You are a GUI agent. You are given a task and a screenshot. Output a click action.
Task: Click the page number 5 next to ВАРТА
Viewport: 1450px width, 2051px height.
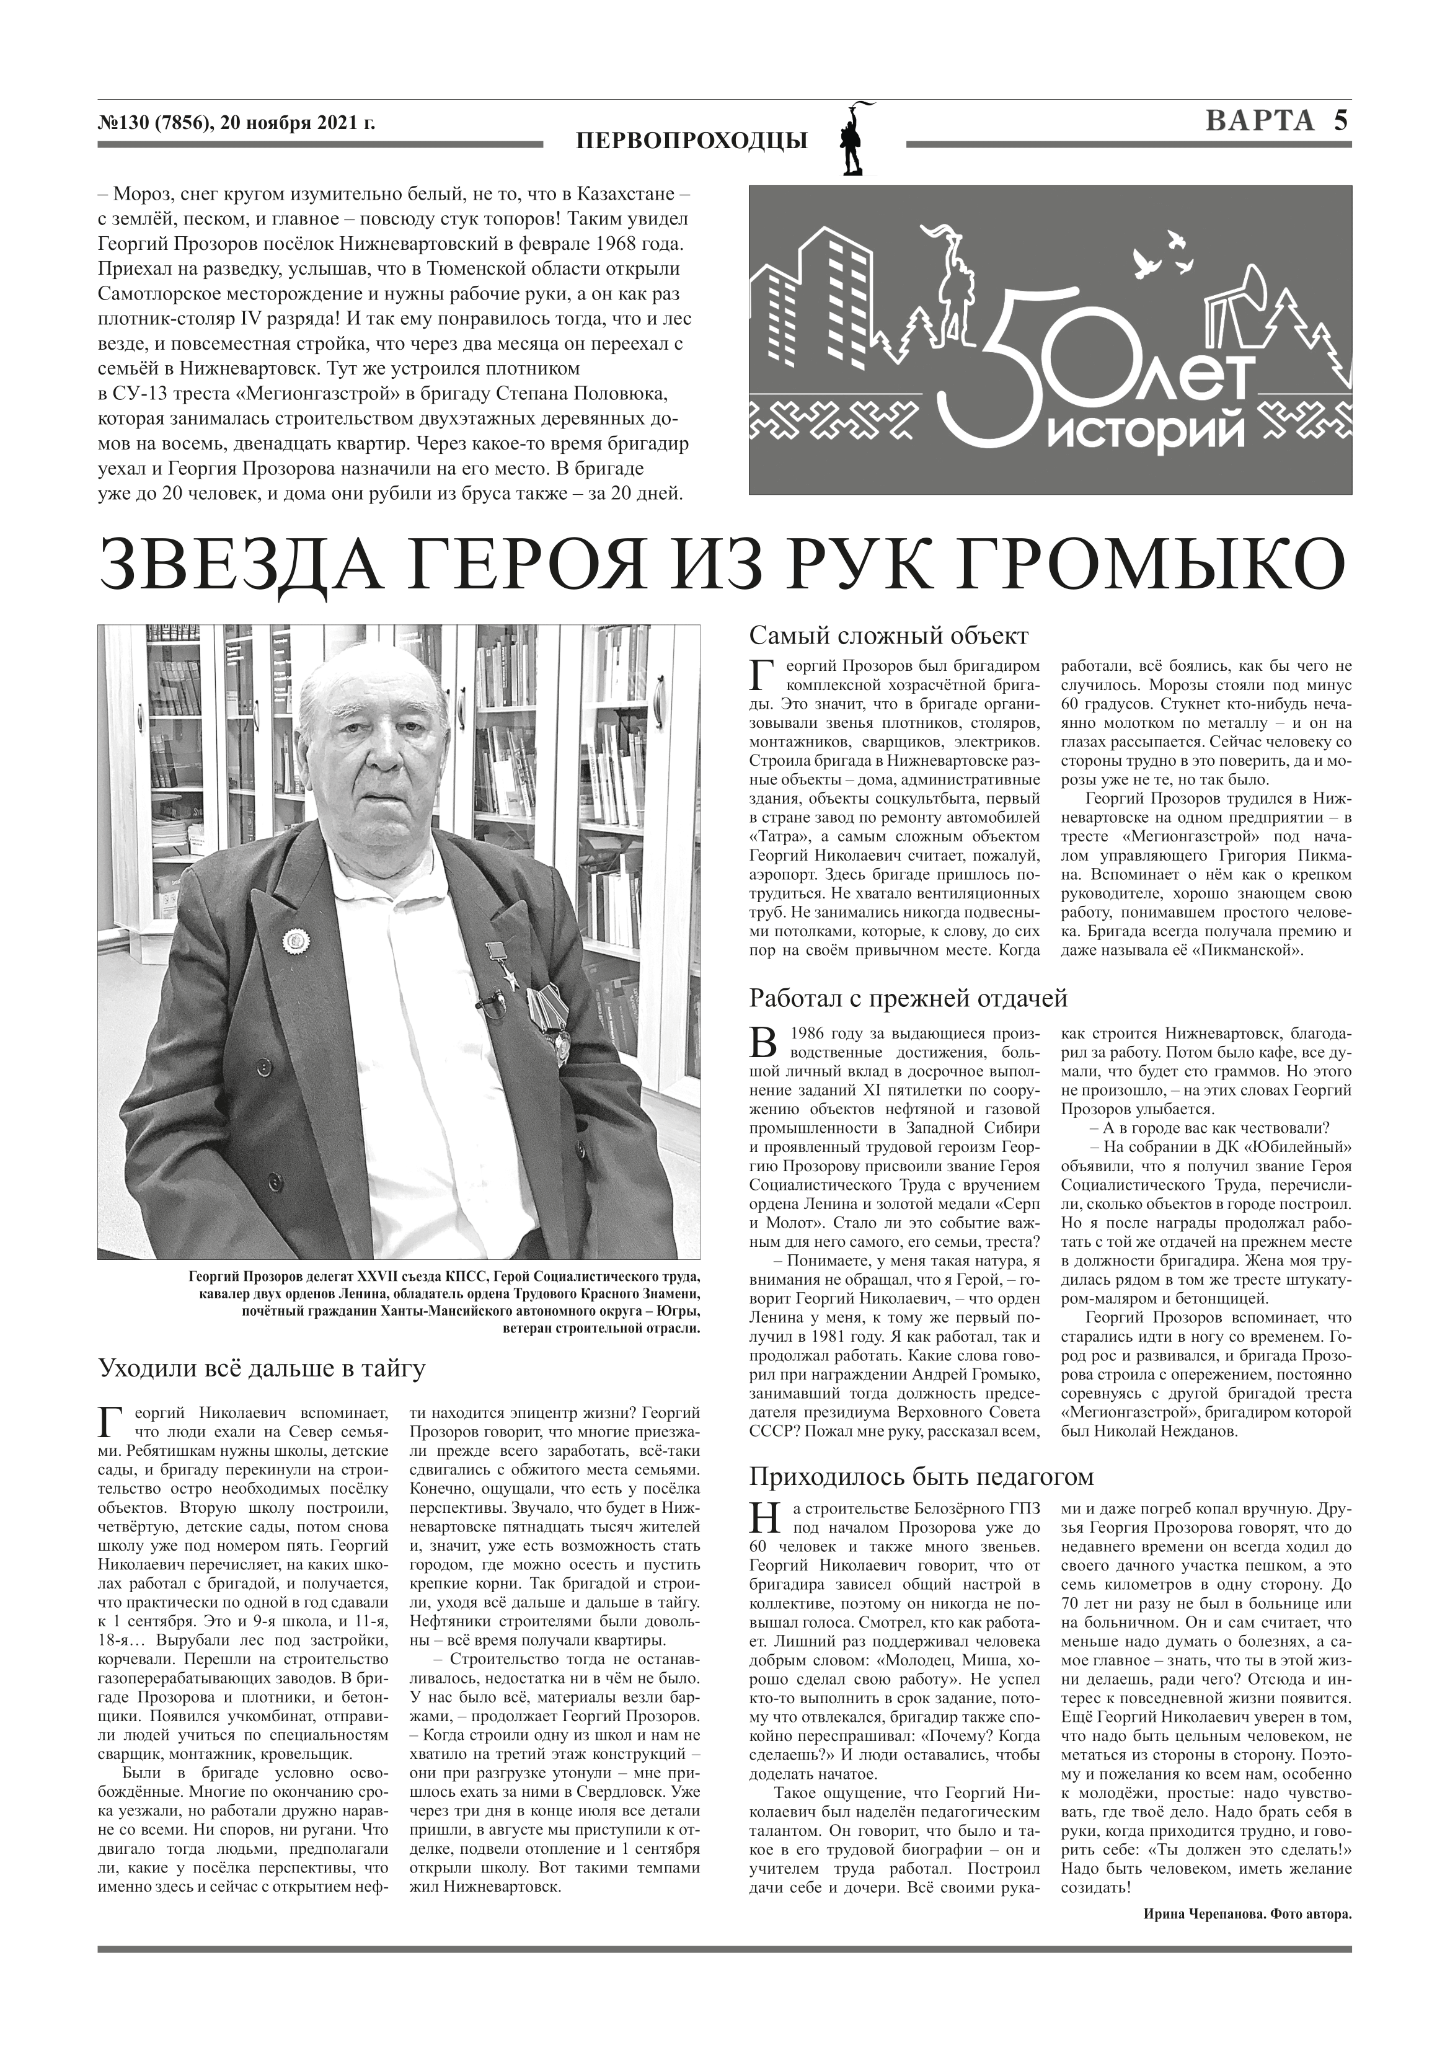(x=1340, y=121)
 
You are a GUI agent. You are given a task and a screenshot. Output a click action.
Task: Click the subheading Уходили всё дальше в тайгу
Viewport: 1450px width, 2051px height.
(x=262, y=1368)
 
